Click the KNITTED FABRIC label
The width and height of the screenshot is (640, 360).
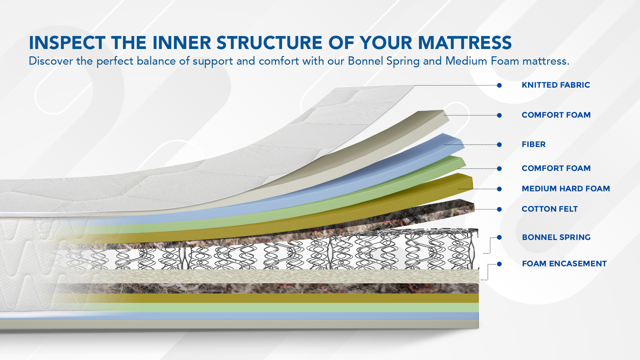[556, 85]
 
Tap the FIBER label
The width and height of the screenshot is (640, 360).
[534, 144]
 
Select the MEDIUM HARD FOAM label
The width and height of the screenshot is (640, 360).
[566, 189]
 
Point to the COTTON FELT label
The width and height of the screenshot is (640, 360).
[550, 209]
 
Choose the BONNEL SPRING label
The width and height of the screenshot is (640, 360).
[556, 237]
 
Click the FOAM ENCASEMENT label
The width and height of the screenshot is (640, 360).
[564, 264]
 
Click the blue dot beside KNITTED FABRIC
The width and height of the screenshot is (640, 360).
[499, 85]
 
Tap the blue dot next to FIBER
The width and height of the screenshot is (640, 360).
[499, 145]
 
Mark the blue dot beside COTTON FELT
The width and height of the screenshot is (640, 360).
[499, 209]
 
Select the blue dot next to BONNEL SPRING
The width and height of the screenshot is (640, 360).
[499, 237]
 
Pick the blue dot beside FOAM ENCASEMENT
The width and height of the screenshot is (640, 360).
[499, 264]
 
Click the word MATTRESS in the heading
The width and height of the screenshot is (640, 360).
[465, 43]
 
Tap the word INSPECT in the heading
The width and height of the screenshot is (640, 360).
[67, 43]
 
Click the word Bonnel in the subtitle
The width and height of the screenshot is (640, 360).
[365, 61]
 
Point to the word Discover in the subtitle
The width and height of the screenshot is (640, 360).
[51, 61]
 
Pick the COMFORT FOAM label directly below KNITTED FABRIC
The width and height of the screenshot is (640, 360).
[556, 115]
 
